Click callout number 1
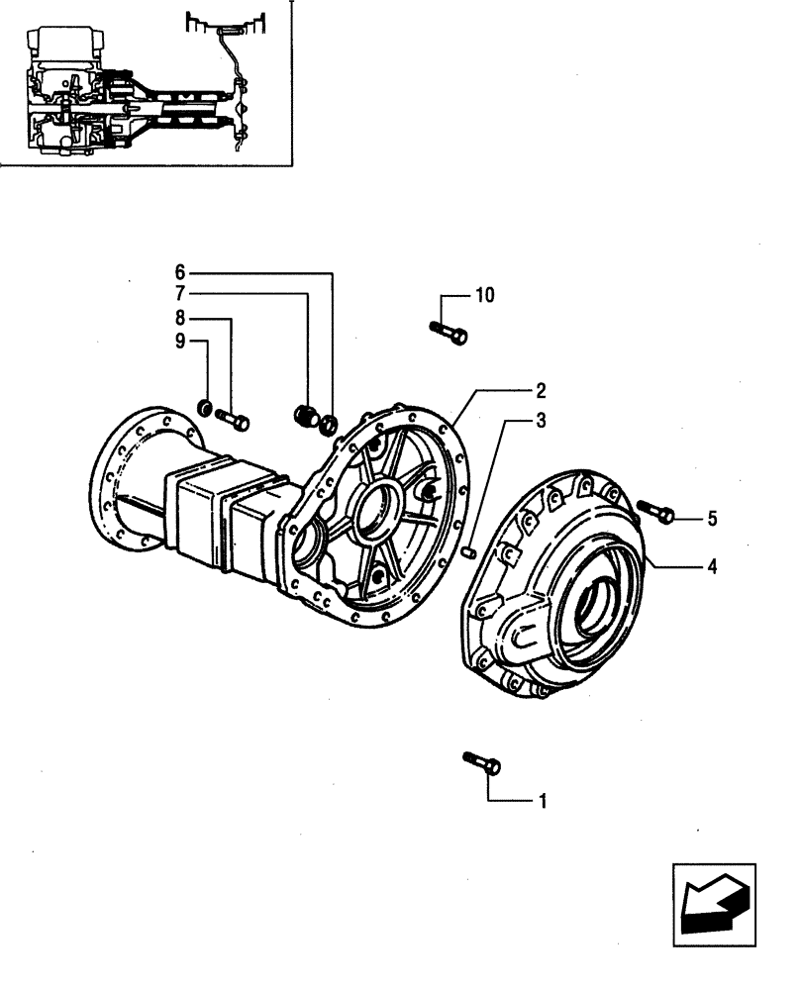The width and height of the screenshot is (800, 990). [x=541, y=800]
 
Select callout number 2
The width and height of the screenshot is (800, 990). [x=541, y=390]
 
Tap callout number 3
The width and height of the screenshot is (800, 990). [x=541, y=421]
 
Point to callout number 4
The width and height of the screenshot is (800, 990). [x=712, y=567]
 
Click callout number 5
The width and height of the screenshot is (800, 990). [x=712, y=518]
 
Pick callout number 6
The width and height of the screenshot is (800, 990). [x=180, y=271]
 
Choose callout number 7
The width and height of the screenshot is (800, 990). [x=180, y=294]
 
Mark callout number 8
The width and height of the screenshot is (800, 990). [x=180, y=318]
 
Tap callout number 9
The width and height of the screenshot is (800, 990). [x=180, y=342]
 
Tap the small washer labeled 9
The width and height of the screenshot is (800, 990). [x=203, y=406]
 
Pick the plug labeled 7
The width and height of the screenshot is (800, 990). [x=308, y=418]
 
